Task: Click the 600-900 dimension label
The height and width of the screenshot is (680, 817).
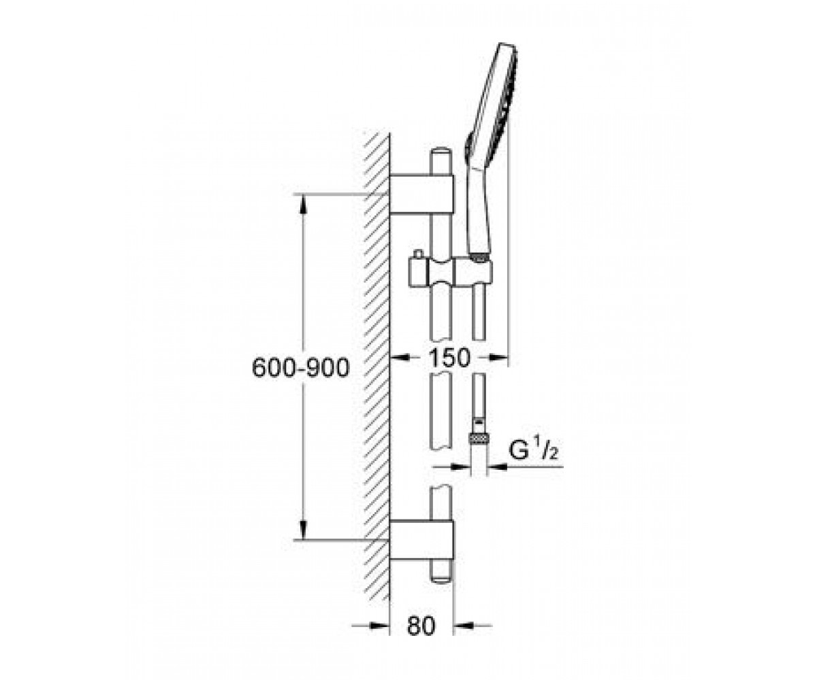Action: click(300, 368)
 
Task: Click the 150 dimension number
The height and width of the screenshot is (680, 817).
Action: click(449, 357)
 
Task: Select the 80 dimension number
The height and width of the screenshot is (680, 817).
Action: click(421, 626)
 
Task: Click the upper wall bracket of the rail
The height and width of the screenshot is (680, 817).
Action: click(422, 194)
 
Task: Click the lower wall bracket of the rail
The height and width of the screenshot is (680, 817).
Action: click(422, 540)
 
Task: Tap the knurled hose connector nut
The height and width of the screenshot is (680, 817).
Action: click(479, 437)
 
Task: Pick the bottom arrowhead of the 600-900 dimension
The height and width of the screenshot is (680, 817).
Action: click(303, 530)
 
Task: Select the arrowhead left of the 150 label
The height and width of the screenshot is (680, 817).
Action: click(400, 356)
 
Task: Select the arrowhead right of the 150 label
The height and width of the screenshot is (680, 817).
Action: click(499, 356)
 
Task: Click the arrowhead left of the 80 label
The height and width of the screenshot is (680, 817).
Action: click(380, 626)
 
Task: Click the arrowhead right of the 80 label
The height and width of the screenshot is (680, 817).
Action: click(463, 626)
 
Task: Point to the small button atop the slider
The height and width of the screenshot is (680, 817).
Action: click(418, 253)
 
